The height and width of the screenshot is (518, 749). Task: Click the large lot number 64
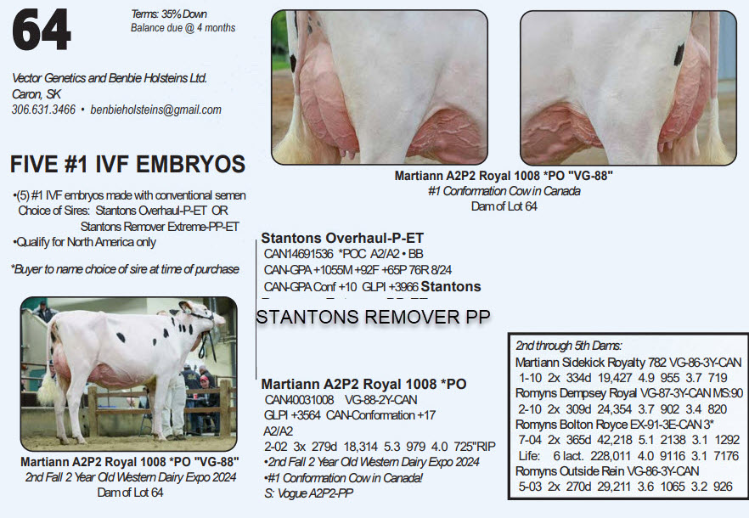click(42, 30)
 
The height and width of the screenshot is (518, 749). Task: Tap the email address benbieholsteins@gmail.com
click(155, 110)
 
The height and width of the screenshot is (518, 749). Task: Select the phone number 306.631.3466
click(43, 110)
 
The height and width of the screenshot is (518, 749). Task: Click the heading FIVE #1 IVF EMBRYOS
click(127, 164)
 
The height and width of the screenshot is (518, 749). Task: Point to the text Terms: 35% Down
click(169, 14)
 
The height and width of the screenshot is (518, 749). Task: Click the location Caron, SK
click(37, 94)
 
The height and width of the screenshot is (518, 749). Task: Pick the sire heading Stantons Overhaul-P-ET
click(342, 238)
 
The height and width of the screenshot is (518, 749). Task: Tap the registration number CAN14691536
click(298, 254)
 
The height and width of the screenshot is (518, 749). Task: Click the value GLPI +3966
click(390, 287)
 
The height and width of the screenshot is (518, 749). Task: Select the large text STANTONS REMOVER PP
click(374, 317)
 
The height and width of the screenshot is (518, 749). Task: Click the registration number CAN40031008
click(299, 399)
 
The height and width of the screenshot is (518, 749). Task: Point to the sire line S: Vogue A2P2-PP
click(308, 493)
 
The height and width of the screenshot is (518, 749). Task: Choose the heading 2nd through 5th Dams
click(568, 346)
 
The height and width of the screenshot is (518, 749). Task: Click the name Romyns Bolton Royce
click(572, 425)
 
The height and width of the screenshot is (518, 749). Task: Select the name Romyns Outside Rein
click(570, 471)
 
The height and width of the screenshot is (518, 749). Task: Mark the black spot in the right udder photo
click(679, 54)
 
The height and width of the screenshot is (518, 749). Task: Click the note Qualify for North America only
click(85, 242)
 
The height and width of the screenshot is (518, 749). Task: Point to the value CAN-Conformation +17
click(380, 415)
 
